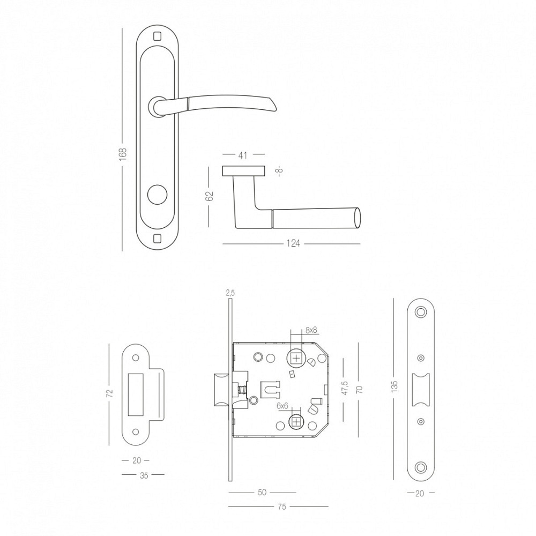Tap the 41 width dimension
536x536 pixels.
(x=242, y=155)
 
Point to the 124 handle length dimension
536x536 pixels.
(x=293, y=243)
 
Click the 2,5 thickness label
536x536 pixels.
(x=230, y=293)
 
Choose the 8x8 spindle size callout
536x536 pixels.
(x=311, y=330)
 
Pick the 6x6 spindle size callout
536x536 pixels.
(x=282, y=406)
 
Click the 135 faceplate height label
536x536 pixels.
(x=394, y=386)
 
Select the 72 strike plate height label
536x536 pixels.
(x=109, y=393)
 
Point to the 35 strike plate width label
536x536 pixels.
(x=144, y=475)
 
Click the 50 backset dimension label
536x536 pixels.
(x=262, y=493)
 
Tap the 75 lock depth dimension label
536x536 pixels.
(x=282, y=507)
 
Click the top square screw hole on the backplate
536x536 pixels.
(x=157, y=35)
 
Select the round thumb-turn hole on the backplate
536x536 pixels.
(x=157, y=195)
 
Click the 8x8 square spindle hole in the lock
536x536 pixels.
(x=296, y=358)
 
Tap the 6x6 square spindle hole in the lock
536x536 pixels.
(x=296, y=421)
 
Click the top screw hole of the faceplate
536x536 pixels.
(x=420, y=312)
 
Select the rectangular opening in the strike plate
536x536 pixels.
(x=136, y=395)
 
